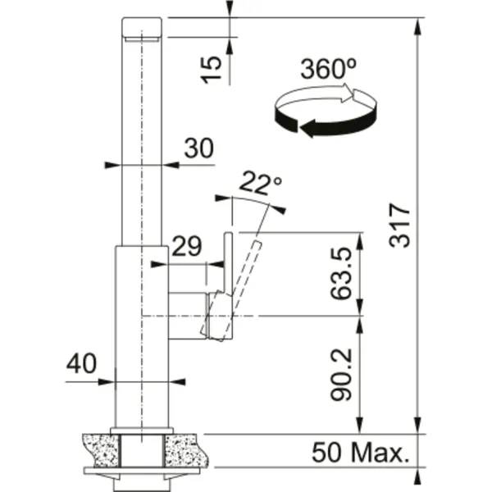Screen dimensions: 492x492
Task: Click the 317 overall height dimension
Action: click(400, 225)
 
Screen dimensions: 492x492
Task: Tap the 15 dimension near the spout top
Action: click(211, 70)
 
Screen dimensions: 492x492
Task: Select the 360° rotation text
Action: click(328, 68)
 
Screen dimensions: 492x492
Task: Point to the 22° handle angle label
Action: click(260, 183)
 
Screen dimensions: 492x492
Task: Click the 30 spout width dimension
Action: click(199, 148)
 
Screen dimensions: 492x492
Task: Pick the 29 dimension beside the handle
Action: click(187, 246)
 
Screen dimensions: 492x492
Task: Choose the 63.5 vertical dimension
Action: click(341, 273)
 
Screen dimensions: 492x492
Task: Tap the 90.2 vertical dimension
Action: click(341, 375)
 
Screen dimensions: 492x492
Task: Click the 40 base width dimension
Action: click(81, 363)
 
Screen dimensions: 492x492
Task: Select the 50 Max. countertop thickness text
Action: click(361, 452)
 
